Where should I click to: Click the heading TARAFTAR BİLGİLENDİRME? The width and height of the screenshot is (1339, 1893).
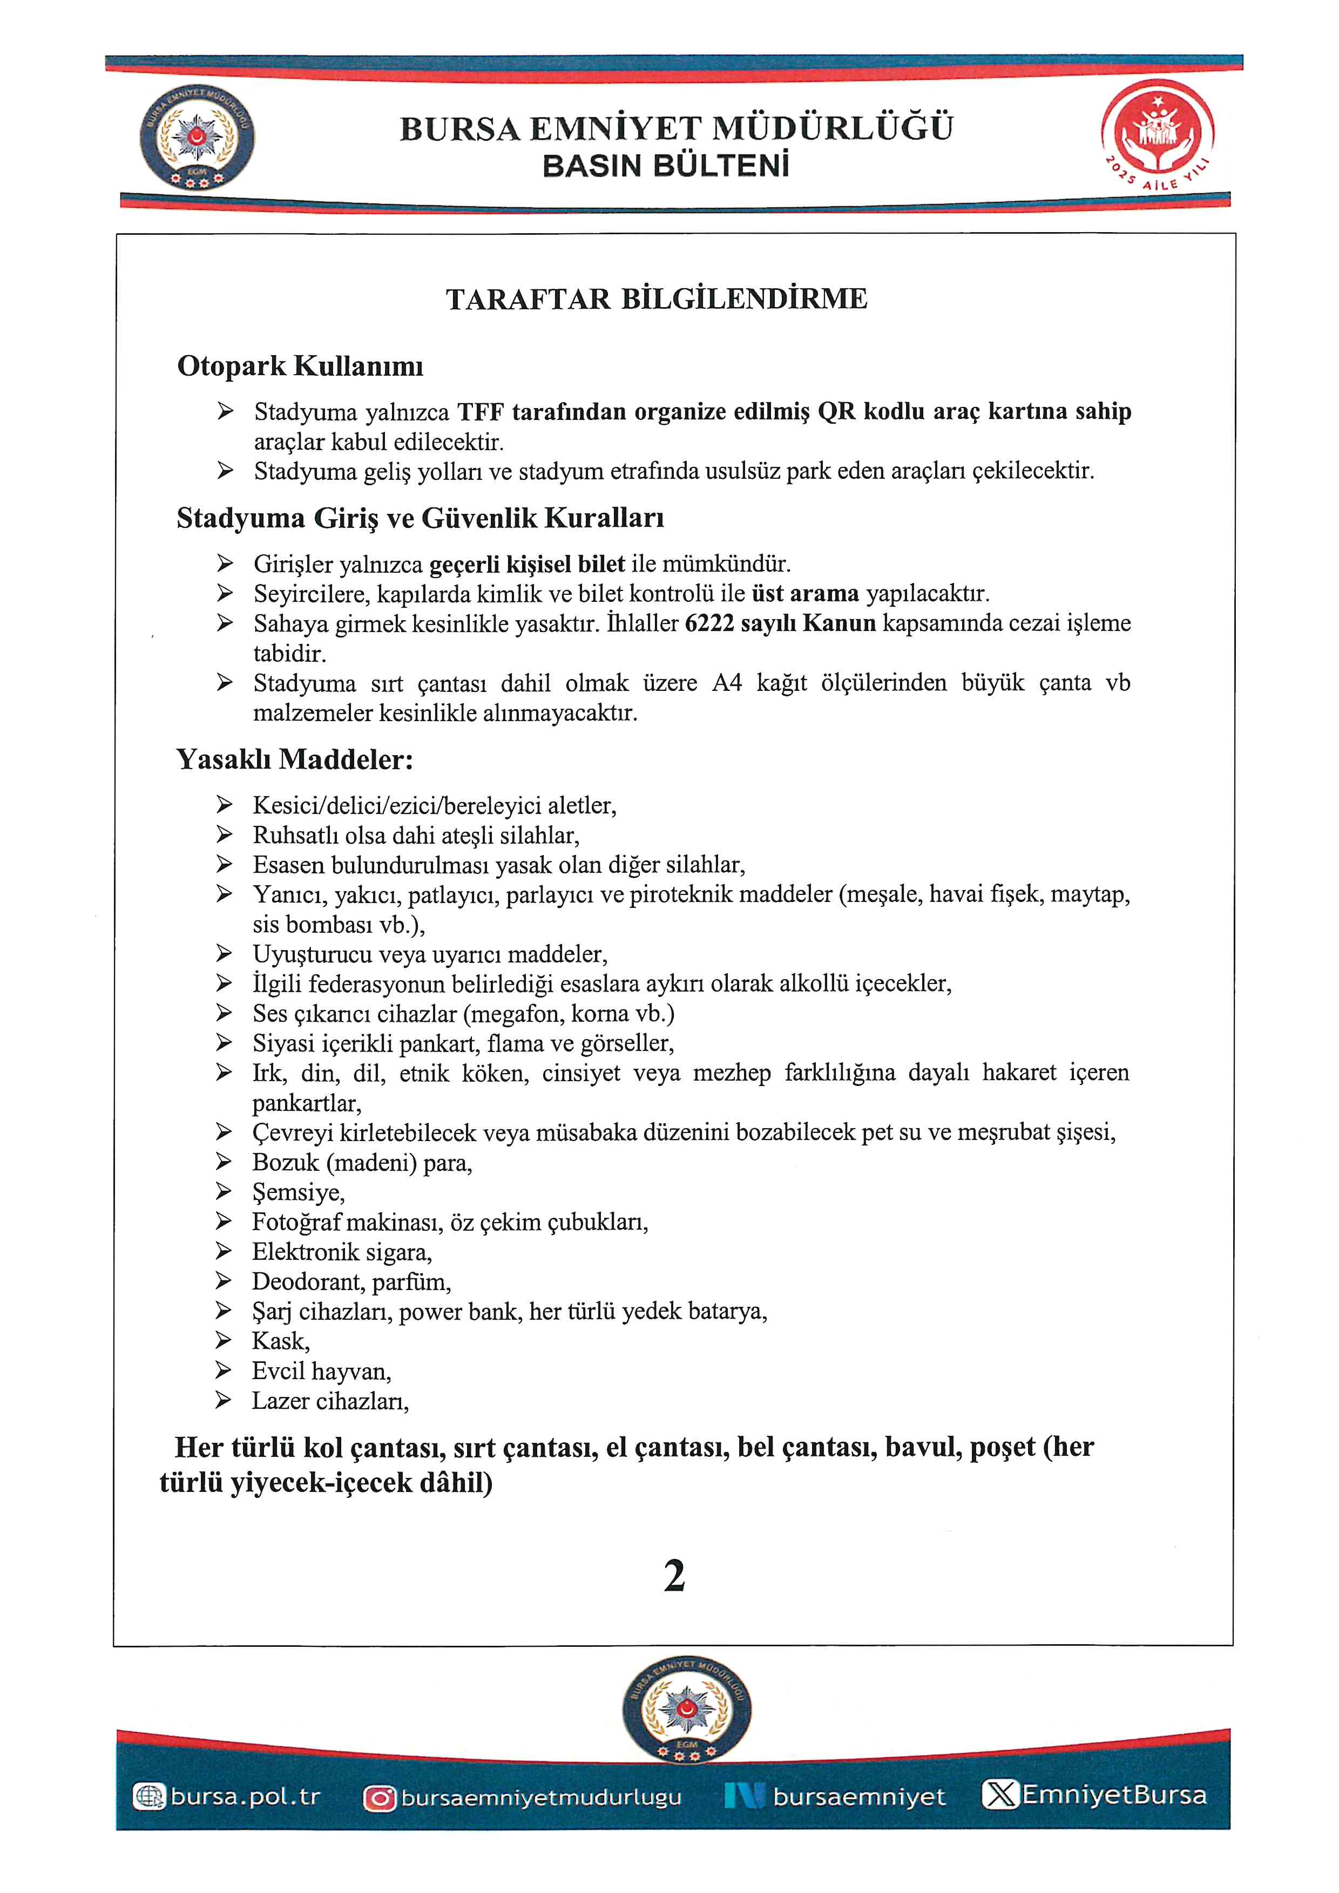click(657, 298)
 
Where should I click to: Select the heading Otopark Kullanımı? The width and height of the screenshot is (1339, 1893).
click(300, 366)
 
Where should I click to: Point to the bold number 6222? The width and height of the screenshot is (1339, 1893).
click(709, 623)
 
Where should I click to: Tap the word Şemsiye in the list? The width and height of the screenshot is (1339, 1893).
click(297, 1193)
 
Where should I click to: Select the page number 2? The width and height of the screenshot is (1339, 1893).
click(674, 1576)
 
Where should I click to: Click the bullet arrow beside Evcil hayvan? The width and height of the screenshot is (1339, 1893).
click(224, 1370)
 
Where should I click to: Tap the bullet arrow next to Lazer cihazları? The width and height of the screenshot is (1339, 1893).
click(224, 1400)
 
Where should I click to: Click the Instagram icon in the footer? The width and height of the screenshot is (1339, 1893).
click(379, 1798)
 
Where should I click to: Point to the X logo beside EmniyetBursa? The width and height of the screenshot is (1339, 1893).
click(1000, 1796)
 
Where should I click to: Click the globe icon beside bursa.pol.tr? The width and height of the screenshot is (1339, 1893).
click(149, 1796)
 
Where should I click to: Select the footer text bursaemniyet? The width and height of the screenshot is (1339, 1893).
click(858, 1797)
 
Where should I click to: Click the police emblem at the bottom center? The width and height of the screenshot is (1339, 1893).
click(686, 1711)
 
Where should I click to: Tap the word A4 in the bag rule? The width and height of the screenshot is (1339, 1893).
click(726, 683)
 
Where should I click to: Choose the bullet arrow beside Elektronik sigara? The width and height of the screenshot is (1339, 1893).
click(224, 1252)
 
